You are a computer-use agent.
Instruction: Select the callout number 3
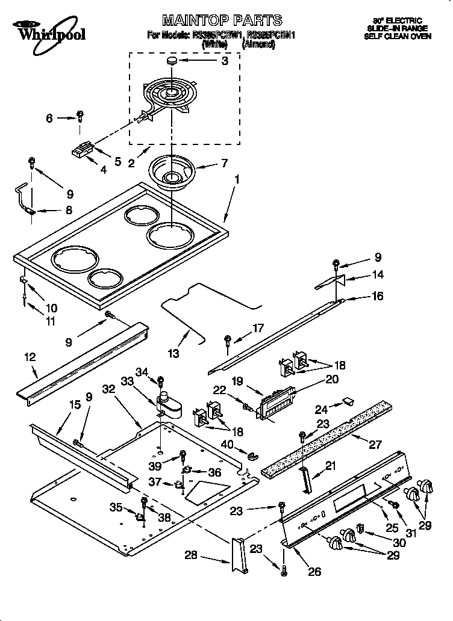(x=225, y=61)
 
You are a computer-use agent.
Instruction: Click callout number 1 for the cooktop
(x=237, y=179)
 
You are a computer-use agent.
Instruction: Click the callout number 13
(x=174, y=354)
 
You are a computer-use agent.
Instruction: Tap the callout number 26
(x=314, y=571)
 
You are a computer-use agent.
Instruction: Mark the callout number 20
(x=331, y=379)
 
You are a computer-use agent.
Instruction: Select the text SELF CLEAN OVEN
(x=398, y=36)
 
